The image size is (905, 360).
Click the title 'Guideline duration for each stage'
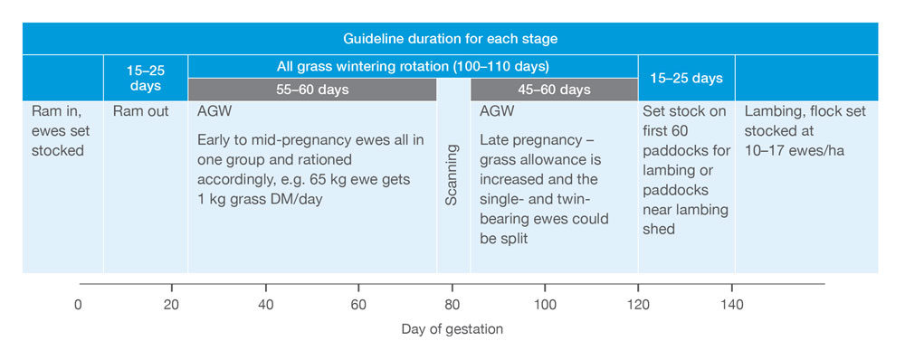click(450, 39)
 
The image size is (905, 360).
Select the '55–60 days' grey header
click(311, 90)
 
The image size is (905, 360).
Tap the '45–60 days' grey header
click(554, 90)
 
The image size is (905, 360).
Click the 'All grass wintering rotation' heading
click(412, 66)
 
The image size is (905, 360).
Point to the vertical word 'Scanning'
click(452, 175)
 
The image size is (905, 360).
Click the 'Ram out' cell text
click(141, 111)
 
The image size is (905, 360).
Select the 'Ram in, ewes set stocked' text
click(58, 131)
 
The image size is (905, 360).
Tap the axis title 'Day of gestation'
click(452, 329)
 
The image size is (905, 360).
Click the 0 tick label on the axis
click(78, 304)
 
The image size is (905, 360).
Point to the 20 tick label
click(171, 304)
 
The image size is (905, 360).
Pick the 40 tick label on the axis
click(265, 304)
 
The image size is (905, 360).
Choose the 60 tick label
click(358, 304)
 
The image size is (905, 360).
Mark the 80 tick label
click(452, 304)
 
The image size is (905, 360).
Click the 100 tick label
click(546, 304)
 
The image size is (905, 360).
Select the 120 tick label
click(638, 304)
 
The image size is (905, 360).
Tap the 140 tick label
click(732, 304)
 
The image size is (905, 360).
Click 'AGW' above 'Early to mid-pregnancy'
click(214, 111)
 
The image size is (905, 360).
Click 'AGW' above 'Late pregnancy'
click(496, 111)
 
